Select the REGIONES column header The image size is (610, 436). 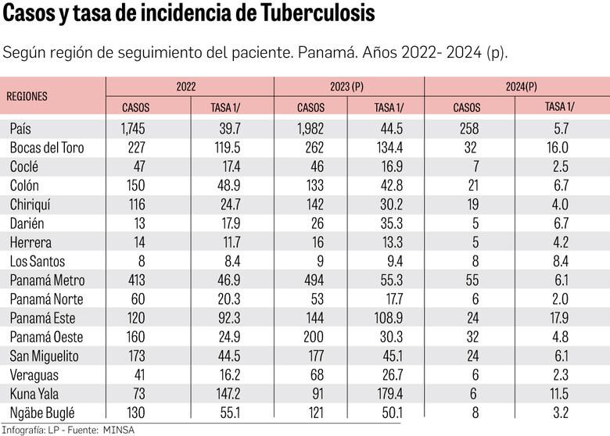(x=27, y=97)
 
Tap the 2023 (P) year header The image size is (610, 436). (x=348, y=87)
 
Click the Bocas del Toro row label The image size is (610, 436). (x=46, y=147)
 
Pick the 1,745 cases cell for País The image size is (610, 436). (x=135, y=128)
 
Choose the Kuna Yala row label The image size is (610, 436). (x=34, y=394)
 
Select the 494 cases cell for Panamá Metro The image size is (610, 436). (x=311, y=280)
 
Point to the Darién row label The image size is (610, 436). (x=27, y=223)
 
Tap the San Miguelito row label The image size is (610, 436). (x=44, y=356)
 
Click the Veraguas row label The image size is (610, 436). (x=34, y=375)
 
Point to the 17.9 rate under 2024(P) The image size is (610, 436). (x=559, y=318)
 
